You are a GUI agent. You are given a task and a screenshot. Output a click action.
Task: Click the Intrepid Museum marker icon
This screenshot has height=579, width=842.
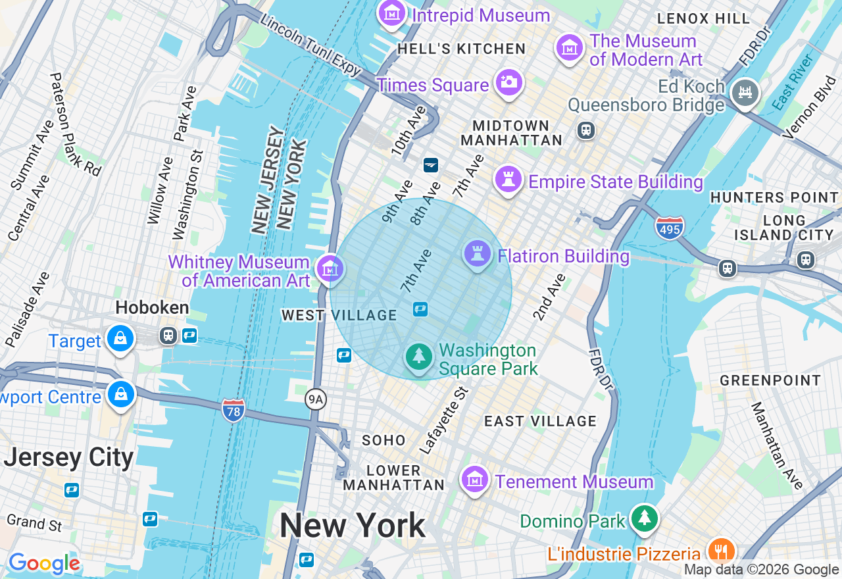point(392,13)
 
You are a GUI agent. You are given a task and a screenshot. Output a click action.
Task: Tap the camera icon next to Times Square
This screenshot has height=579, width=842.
point(508,82)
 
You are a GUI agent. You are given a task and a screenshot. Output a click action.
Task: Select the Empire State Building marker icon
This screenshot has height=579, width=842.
point(508,179)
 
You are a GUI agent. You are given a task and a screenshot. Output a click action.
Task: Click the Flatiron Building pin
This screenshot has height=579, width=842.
point(478,253)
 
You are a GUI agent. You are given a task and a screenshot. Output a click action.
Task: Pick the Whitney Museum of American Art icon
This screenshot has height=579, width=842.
point(330,268)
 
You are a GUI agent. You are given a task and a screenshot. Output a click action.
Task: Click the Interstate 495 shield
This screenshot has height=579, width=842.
point(669,227)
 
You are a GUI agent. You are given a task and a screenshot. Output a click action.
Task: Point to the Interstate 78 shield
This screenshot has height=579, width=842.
point(234,410)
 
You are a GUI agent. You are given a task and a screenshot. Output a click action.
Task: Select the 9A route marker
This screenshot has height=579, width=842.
point(316,399)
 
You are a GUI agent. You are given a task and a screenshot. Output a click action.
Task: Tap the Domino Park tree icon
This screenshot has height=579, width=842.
point(645,518)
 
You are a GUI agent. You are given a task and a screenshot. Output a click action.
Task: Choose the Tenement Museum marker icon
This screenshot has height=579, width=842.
point(474,480)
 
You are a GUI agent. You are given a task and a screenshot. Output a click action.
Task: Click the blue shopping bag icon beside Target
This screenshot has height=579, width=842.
point(120,339)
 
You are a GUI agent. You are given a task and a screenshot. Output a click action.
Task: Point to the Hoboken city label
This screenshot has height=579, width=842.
point(152,307)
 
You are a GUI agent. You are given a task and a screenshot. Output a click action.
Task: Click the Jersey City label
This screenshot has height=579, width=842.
point(68,457)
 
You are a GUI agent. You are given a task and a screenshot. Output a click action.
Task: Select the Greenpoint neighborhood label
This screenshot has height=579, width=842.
point(770,380)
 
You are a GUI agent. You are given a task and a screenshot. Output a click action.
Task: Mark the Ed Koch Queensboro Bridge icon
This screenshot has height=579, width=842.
point(745,93)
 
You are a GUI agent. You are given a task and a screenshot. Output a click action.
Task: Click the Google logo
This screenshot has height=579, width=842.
point(44,563)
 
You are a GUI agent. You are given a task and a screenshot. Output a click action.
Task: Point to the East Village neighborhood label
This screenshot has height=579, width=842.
point(540,421)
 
